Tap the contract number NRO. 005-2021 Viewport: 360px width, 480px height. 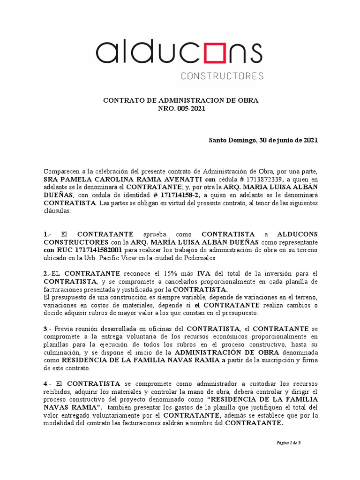click(x=180, y=108)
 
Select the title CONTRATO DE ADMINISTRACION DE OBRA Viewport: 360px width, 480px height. click(x=180, y=100)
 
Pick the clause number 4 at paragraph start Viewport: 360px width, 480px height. click(x=46, y=383)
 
